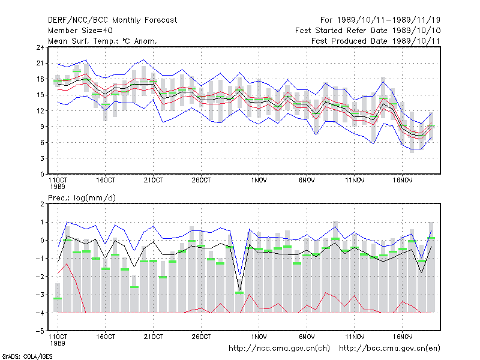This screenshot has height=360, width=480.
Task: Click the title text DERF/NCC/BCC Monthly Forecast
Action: point(112,20)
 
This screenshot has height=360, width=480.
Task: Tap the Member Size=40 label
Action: point(80,31)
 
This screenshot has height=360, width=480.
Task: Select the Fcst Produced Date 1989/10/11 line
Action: point(376,41)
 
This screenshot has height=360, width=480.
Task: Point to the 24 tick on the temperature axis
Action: point(40,47)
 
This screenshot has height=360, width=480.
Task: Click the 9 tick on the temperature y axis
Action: point(42,127)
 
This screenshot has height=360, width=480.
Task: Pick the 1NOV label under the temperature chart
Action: point(259,181)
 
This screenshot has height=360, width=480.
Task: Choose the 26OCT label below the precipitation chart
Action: point(201,337)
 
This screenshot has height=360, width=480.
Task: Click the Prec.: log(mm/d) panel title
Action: point(82,198)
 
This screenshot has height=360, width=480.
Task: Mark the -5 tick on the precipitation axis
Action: point(40,331)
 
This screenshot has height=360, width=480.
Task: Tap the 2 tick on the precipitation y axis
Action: point(42,204)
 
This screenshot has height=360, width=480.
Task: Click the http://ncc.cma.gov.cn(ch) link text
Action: point(279,349)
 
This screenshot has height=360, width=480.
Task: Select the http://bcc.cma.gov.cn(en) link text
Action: point(389,349)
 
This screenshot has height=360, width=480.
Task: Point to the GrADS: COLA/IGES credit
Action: point(27,356)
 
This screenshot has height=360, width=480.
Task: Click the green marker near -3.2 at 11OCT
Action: point(58,298)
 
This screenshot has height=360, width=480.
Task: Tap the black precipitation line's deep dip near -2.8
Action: point(239,290)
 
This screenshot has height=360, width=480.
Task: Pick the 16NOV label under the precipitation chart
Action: point(402,337)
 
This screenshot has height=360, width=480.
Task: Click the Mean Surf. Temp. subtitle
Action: point(103,41)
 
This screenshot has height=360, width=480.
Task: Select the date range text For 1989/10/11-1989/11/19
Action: point(380,20)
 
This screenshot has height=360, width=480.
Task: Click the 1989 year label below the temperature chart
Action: point(58,187)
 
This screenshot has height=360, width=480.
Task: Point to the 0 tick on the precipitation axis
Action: point(42,241)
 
